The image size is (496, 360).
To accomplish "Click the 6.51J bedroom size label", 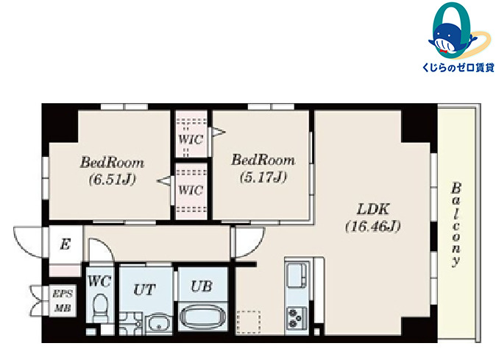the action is click(113, 180).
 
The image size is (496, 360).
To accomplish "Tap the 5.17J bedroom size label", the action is click(263, 177).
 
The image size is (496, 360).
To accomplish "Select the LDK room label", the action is click(373, 209).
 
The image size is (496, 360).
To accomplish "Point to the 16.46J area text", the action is click(373, 227).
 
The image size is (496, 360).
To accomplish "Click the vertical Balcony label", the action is click(456, 225).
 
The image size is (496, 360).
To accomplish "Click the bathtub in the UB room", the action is click(203, 317).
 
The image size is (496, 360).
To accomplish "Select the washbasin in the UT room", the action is click(159, 322).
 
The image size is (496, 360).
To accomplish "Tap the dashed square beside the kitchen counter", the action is click(249, 322).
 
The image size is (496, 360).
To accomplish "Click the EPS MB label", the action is click(63, 300).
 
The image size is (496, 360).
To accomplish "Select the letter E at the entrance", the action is click(65, 244).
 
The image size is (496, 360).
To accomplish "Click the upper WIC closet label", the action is click(191, 139).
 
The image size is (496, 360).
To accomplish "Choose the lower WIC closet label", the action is click(191, 190).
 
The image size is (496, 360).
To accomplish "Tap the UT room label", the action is click(144, 289).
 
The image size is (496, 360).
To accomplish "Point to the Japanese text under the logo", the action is click(458, 68).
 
